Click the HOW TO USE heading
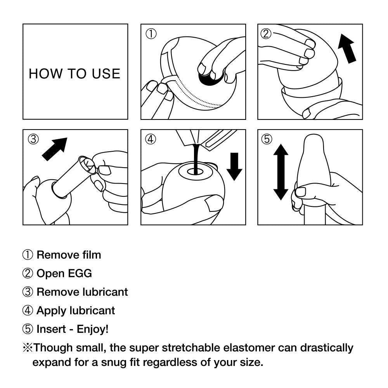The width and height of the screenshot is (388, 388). tap(74, 73)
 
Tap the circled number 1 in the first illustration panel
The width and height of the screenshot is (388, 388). tap(151, 34)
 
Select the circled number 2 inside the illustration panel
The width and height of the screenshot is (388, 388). tap(266, 34)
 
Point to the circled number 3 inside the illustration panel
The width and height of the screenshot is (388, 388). tap(33, 139)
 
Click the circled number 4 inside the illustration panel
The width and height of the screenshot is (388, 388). tap(151, 139)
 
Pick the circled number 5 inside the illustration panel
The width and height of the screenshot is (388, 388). tap(267, 139)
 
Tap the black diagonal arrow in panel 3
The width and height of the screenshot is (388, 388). tap(55, 149)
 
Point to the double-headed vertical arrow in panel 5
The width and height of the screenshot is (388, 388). tap(281, 172)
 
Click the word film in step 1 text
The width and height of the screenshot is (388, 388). tap(92, 255)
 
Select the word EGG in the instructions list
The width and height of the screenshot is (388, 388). tap(80, 274)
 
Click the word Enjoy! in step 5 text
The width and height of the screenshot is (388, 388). tap(93, 329)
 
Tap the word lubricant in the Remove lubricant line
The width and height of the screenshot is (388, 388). tap(105, 292)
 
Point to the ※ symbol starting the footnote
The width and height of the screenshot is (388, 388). tap(27, 347)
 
